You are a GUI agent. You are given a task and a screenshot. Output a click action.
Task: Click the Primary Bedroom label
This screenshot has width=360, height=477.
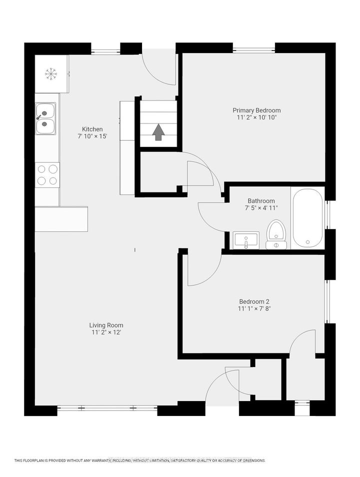coord(256,110)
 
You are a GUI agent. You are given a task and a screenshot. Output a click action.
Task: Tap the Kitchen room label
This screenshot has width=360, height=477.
coord(92,129)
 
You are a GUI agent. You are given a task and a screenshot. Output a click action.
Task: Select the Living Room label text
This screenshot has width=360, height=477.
coord(106,325)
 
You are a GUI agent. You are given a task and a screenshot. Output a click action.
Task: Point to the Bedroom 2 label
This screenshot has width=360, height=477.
coord(254,301)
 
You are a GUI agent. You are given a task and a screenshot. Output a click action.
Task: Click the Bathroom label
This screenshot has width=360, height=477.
coord(261,201)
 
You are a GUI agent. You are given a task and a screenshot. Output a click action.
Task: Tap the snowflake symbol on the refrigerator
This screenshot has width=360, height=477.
coord(51,73)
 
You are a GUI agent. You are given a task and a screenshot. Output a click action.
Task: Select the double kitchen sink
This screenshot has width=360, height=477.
coord(45,118)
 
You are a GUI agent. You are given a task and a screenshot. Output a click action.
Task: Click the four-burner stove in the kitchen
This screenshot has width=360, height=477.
coord(47,175)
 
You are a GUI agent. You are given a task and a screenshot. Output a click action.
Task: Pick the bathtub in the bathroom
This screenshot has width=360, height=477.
coord(307,218)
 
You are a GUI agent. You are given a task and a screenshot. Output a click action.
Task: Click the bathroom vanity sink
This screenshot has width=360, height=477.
coord(246,240)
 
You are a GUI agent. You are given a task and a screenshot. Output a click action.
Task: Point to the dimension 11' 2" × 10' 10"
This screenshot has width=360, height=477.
coord(256,117)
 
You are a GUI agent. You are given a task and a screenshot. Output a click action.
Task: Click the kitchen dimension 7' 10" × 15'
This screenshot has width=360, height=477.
coord(92,136)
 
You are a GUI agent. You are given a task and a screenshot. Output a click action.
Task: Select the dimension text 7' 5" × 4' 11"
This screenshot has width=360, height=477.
coord(261,208)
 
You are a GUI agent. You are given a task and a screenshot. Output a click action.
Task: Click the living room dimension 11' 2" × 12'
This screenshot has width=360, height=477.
coord(106,332)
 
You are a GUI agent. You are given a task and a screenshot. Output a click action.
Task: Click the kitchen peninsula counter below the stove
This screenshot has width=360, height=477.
coord(61,219)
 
